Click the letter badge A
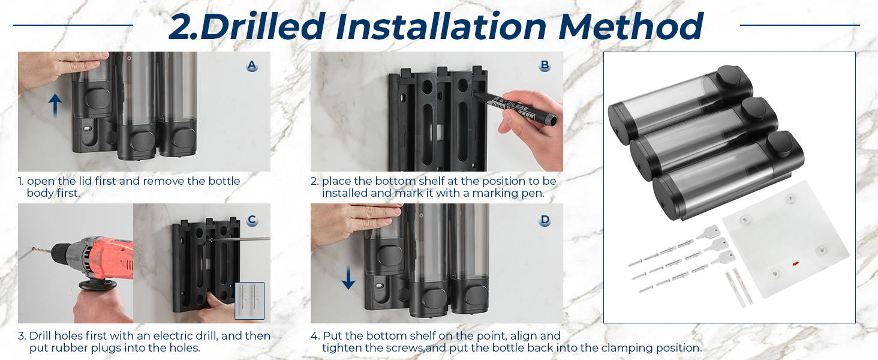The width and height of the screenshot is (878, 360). (252, 65)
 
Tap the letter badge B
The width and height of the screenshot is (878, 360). (545, 65)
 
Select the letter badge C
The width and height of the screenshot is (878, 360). (252, 220)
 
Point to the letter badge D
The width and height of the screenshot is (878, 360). (545, 220)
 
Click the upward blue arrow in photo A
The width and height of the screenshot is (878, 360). (55, 106)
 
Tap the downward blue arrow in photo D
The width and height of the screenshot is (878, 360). (348, 277)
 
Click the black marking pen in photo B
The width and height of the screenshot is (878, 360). (514, 108)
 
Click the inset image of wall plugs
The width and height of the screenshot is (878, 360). (249, 301)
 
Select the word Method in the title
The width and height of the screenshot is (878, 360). (631, 26)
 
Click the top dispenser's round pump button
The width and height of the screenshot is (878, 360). (729, 76)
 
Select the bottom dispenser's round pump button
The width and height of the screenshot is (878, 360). (780, 145)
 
